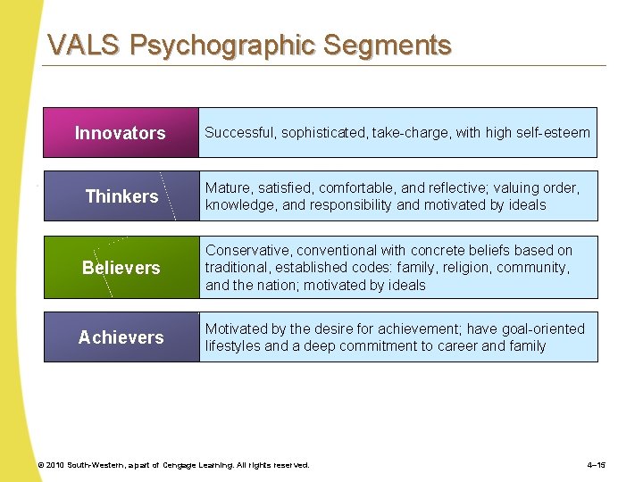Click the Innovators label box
click(x=121, y=133)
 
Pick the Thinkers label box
click(x=121, y=196)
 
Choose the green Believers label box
click(x=121, y=268)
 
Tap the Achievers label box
click(x=121, y=337)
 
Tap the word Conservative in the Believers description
click(x=247, y=250)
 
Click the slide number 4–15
click(x=597, y=465)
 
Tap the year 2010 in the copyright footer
click(x=55, y=465)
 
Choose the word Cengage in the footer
click(x=184, y=465)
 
